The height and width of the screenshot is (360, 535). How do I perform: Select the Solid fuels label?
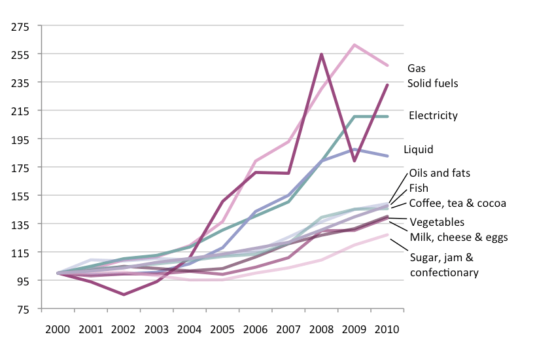(x=432, y=83)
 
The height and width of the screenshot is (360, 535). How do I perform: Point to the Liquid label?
(x=418, y=150)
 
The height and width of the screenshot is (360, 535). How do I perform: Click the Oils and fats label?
(x=440, y=173)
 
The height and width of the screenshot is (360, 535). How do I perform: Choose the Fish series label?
(x=419, y=189)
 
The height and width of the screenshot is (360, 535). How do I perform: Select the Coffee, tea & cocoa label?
(x=458, y=204)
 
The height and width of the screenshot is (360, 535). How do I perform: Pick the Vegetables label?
(x=437, y=223)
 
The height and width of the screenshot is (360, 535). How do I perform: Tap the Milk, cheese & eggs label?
(x=458, y=236)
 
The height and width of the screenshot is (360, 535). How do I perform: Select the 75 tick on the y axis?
(x=24, y=309)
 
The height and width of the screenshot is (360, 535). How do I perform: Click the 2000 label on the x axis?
(x=58, y=327)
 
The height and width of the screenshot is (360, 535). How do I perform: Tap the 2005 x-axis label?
(x=222, y=327)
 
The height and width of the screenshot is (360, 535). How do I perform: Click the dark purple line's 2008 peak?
(x=322, y=54)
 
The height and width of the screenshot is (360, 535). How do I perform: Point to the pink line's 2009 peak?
(x=354, y=45)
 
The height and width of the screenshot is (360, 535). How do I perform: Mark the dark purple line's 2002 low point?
(x=124, y=295)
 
